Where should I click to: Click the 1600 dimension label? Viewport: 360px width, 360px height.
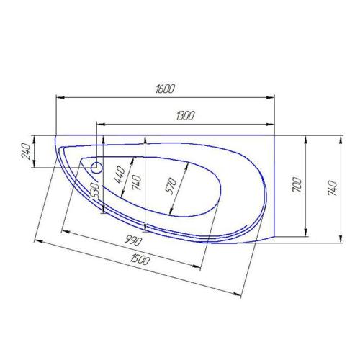click(165, 88)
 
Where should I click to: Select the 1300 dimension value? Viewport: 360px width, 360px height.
click(186, 115)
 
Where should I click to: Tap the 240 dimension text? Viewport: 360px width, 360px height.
click(27, 151)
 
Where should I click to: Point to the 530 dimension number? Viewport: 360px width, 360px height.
click(94, 190)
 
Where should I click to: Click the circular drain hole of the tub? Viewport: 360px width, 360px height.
click(98, 168)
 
